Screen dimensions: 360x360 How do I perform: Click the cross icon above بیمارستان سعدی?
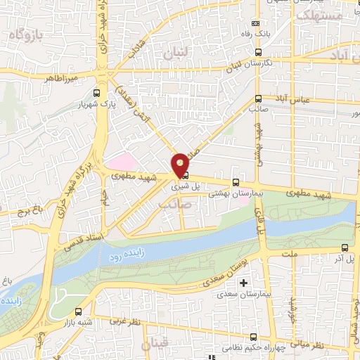pyautogui.click(x=244, y=283)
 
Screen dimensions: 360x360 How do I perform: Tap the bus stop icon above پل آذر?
pyautogui.click(x=345, y=247)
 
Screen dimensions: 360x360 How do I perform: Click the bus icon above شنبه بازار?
pyautogui.click(x=77, y=311)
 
